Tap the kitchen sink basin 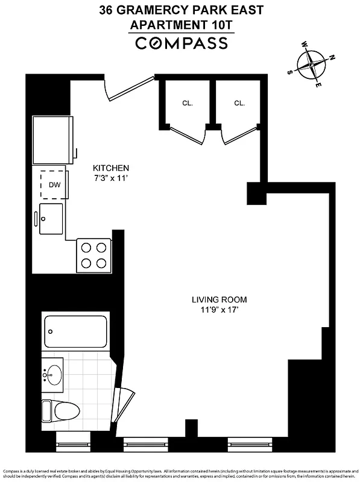pyautogui.click(x=51, y=218)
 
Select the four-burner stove pyautogui.click(x=93, y=255)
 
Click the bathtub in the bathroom pyautogui.click(x=75, y=331)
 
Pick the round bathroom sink pyautogui.click(x=54, y=374)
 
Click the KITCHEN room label pyautogui.click(x=110, y=167)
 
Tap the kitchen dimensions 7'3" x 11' pyautogui.click(x=110, y=178)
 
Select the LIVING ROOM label pyautogui.click(x=219, y=299)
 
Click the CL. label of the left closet pyautogui.click(x=188, y=103)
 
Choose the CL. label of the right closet pyautogui.click(x=239, y=103)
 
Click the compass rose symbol pyautogui.click(x=312, y=63)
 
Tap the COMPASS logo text pyautogui.click(x=181, y=43)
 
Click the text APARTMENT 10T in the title pyautogui.click(x=181, y=25)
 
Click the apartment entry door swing pyautogui.click(x=128, y=89)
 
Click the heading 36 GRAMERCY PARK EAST pyautogui.click(x=181, y=10)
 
